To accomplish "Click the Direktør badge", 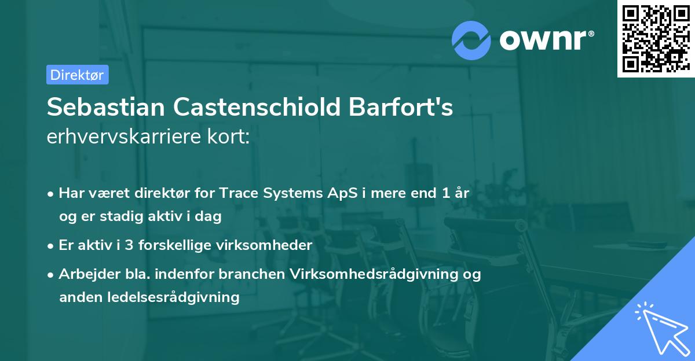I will tap(77, 75).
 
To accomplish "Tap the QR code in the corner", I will tap(656, 39).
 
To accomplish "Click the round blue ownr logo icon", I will tap(471, 40).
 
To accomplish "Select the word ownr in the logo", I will tap(546, 40).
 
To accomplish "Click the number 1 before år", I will tap(445, 193).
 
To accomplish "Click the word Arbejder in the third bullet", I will tap(85, 274).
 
